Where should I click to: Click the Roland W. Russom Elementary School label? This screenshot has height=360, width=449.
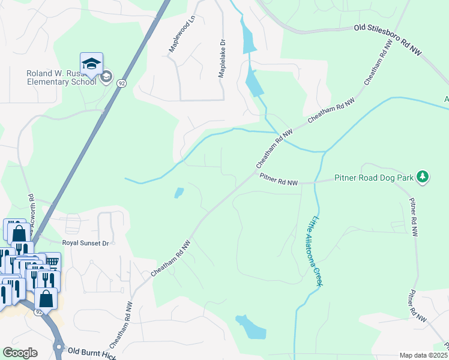point(60,77)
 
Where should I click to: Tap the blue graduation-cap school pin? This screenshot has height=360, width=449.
point(91,64)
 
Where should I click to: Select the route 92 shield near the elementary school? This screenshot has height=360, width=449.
point(122,82)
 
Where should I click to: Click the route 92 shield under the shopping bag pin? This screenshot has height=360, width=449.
point(38,312)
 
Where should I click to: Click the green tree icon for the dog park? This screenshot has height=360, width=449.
point(424,176)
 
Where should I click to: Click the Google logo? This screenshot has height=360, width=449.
point(20,353)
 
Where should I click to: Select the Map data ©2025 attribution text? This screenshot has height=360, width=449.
point(423,355)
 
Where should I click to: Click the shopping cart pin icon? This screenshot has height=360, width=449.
point(52,262)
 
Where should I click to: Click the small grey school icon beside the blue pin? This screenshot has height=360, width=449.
point(106,76)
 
